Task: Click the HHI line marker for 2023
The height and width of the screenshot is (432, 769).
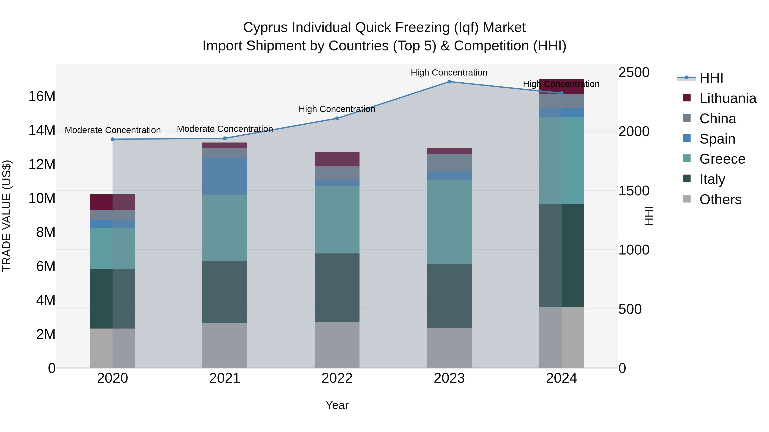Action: click(449, 82)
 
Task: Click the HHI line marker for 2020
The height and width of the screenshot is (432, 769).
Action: click(113, 139)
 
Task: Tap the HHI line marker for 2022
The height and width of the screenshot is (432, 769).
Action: click(337, 118)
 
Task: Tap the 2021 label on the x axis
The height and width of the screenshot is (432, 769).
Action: click(225, 378)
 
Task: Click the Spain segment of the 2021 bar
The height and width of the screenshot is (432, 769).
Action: click(225, 176)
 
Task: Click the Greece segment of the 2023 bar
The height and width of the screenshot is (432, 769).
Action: click(449, 222)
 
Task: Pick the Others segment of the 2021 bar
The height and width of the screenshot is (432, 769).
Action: click(225, 345)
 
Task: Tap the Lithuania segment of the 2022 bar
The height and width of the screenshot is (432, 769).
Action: click(337, 159)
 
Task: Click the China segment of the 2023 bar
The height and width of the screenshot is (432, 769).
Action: click(449, 163)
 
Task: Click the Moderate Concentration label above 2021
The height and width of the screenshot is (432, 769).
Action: click(225, 129)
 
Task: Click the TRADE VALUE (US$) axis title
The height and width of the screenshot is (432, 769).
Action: click(7, 216)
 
